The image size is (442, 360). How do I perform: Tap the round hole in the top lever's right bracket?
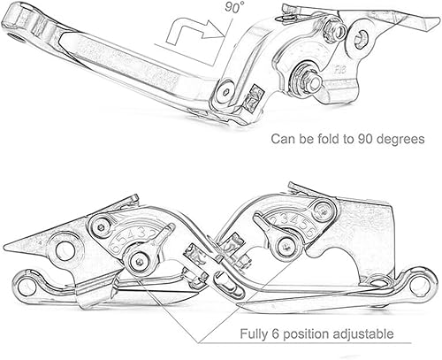360,38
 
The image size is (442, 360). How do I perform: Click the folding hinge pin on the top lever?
227,90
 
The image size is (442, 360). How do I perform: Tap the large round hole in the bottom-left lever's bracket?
65,250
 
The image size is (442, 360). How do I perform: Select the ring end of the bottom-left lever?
27,287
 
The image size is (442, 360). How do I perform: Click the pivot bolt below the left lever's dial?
137,261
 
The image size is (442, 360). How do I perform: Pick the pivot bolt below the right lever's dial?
284,244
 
